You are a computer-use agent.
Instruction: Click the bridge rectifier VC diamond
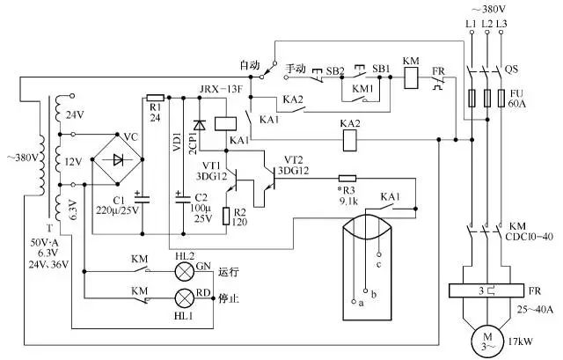tap(117, 159)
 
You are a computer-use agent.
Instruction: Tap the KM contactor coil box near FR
tap(411, 77)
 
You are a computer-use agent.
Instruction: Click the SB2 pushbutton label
tap(334, 70)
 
